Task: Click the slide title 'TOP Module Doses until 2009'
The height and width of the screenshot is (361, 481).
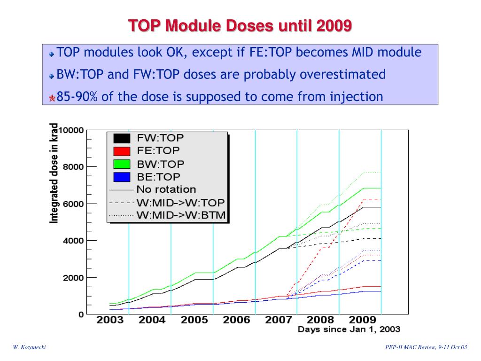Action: (x=240, y=26)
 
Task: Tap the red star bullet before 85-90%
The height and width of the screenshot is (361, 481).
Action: (x=52, y=98)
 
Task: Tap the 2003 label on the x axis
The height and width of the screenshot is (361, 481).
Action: (x=110, y=320)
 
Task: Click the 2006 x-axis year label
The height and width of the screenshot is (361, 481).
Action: (x=236, y=320)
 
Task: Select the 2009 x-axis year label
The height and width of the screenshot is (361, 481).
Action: (x=362, y=320)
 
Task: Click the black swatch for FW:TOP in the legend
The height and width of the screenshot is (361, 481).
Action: (x=122, y=138)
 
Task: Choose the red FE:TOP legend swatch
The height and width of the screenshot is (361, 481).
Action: (x=122, y=151)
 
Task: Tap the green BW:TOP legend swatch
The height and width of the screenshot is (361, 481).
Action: (x=122, y=164)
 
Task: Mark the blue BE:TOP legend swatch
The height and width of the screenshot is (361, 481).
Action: (x=122, y=177)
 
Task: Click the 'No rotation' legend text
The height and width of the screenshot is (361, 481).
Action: (x=166, y=189)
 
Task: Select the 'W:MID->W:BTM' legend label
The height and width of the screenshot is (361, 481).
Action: (x=181, y=215)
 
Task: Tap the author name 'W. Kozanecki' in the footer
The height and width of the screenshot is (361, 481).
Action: (x=29, y=347)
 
